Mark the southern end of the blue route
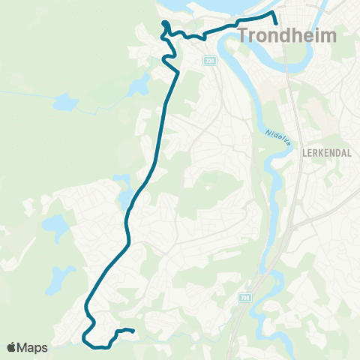pyautogui.click(x=133, y=331)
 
